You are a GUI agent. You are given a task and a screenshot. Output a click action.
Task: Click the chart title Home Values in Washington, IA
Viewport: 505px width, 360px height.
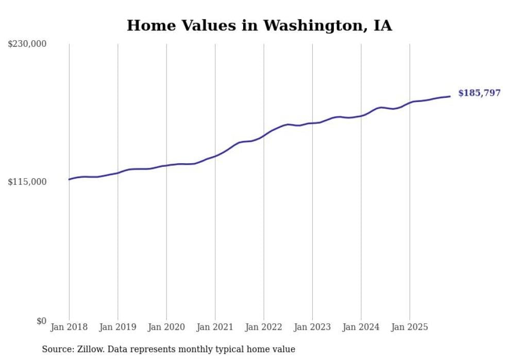coord(259,25)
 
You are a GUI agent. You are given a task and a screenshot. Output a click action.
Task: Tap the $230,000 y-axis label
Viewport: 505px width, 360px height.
coord(27,44)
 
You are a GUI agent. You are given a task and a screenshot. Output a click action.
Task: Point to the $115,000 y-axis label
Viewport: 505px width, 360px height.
coord(27,182)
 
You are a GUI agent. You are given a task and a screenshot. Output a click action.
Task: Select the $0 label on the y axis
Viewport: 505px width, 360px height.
coord(41,321)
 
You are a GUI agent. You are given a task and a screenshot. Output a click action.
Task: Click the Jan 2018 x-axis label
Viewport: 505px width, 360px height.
coord(69,327)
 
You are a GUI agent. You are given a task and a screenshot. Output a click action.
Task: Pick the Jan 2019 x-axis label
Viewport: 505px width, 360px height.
coord(117,327)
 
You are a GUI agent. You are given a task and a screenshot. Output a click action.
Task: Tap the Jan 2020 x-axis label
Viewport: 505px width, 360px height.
coord(166,327)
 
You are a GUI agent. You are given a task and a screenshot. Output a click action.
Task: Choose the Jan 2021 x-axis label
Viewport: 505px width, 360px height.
coord(215,327)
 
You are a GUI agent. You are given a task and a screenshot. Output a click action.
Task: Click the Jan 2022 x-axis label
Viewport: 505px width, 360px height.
coord(264,327)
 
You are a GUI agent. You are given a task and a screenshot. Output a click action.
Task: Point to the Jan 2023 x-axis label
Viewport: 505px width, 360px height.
coord(312,327)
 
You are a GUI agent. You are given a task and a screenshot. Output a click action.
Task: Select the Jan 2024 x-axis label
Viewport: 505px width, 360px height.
coord(361,327)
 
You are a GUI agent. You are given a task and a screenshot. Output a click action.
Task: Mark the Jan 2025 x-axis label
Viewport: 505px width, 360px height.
coord(410,327)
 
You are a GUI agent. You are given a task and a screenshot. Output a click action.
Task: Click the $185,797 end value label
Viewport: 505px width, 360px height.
coord(479,93)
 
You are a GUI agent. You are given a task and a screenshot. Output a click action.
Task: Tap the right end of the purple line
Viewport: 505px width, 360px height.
coord(450,96)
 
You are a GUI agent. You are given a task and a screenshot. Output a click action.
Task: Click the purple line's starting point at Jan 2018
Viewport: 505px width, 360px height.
coord(69,179)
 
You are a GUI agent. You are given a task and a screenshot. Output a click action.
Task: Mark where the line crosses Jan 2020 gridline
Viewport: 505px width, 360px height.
coord(166,165)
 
